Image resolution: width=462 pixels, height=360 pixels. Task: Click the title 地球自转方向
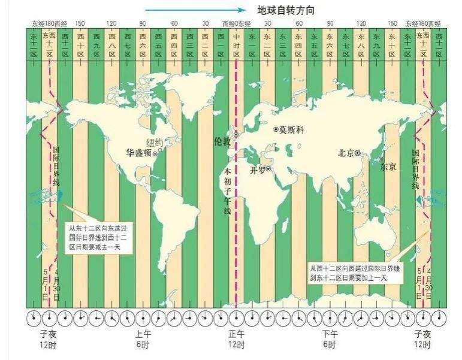pyautogui.click(x=286, y=10)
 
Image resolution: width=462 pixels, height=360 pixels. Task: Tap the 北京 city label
pyautogui.click(x=346, y=153)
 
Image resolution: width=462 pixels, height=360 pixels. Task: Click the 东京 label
pyautogui.click(x=388, y=167)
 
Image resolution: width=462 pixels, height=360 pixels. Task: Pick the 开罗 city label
pyautogui.click(x=258, y=170)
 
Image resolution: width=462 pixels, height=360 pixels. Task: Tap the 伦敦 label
pyautogui.click(x=222, y=141)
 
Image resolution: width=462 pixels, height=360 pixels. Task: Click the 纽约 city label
pyautogui.click(x=154, y=143)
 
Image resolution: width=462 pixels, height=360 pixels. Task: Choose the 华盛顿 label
pyautogui.click(x=138, y=153)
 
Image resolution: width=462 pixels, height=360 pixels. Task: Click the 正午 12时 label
pyautogui.click(x=237, y=340)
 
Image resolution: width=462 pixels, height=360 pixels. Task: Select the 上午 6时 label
pyautogui.click(x=143, y=340)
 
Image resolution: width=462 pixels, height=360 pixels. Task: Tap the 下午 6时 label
pyautogui.click(x=330, y=340)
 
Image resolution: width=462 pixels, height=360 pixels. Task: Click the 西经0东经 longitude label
pyautogui.click(x=237, y=23)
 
